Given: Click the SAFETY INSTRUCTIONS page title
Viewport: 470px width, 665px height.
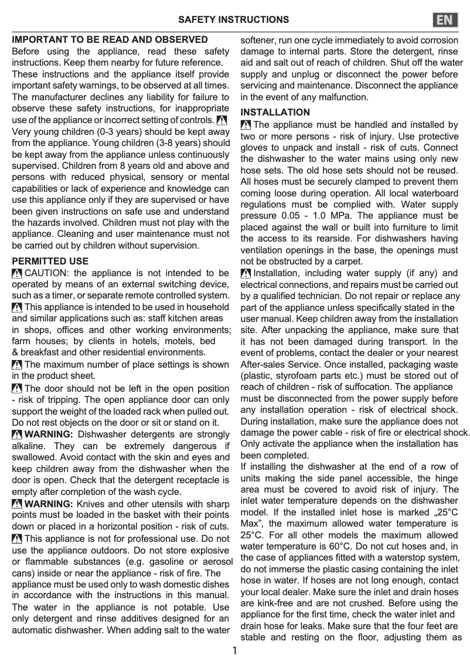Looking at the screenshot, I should coord(233,20).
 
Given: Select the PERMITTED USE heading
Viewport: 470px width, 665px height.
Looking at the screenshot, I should coord(50,261).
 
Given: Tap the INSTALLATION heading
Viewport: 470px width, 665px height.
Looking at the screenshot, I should coord(275,112).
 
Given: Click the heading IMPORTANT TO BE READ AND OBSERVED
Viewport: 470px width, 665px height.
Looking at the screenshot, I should coord(110,40).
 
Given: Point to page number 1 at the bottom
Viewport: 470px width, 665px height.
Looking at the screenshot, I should coord(234,651).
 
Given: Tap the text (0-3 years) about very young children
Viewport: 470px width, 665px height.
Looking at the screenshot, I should coord(112,132).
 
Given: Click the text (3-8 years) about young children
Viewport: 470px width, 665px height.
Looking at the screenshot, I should coord(168,143).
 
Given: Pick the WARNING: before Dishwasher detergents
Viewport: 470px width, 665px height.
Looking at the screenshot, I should coord(49,435).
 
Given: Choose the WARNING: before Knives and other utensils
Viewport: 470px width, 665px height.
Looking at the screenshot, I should coord(49,504).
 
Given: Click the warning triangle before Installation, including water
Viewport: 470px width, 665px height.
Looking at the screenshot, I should coord(246,273).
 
